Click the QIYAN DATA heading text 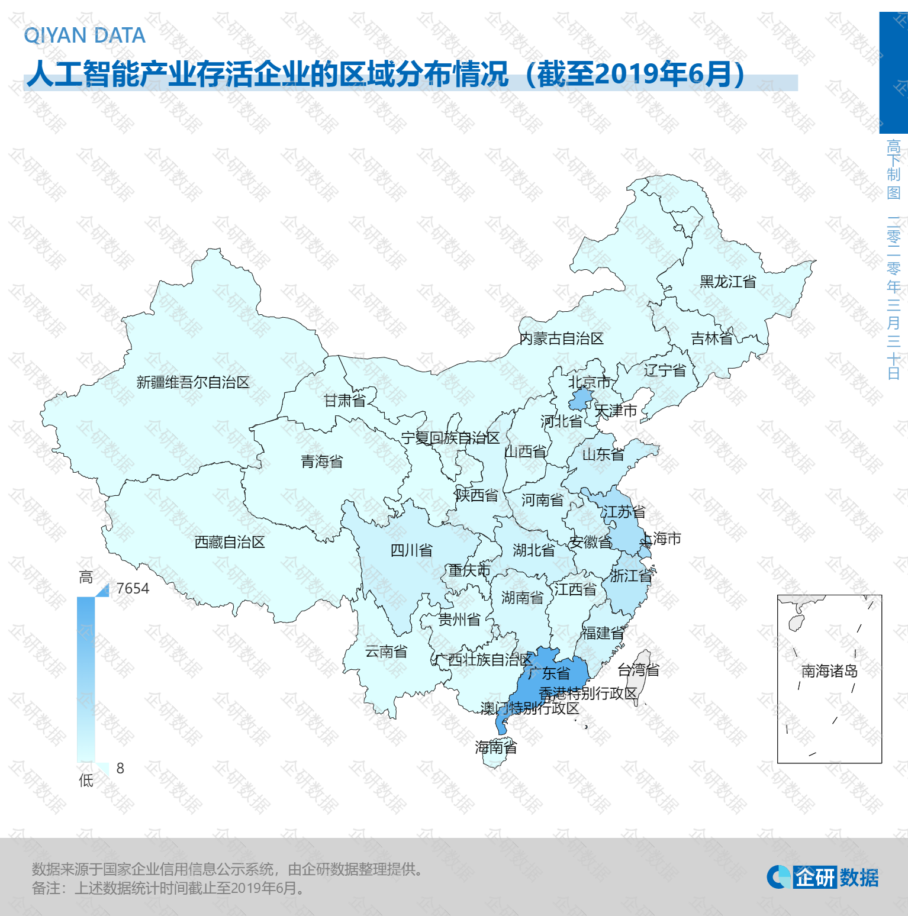[x=85, y=36]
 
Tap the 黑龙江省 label [x=727, y=282]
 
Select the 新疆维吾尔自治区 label [x=193, y=382]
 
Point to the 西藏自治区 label [x=230, y=542]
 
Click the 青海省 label [x=322, y=462]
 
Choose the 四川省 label [x=411, y=550]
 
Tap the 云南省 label [x=386, y=651]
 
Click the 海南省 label [x=496, y=747]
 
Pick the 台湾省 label [x=638, y=670]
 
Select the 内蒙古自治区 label [x=561, y=338]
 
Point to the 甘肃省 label [x=344, y=401]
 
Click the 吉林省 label [x=712, y=338]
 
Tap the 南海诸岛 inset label [x=829, y=671]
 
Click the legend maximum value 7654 [x=133, y=588]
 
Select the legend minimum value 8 [x=120, y=768]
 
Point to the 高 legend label [x=86, y=577]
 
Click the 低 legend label [x=86, y=780]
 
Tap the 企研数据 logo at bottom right [x=823, y=877]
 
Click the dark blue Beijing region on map [x=581, y=399]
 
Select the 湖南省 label [x=522, y=598]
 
